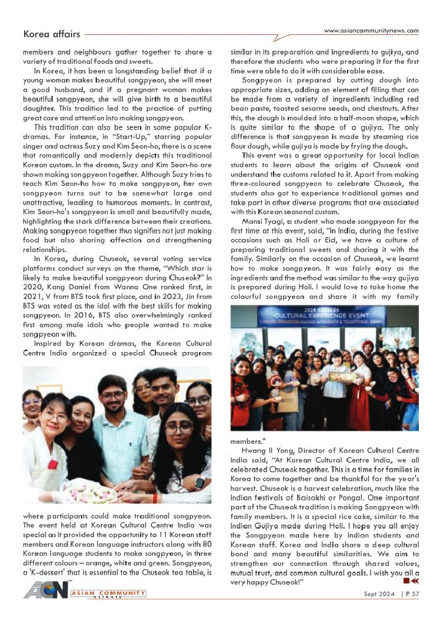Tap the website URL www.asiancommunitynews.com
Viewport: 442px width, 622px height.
(x=372, y=31)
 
